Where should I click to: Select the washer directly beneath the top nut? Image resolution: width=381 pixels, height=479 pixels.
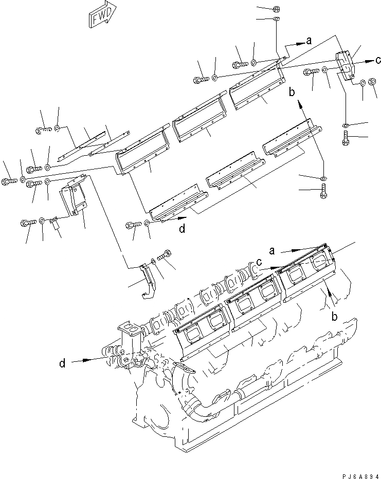(276, 20)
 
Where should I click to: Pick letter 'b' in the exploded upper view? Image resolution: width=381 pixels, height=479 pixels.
(292, 93)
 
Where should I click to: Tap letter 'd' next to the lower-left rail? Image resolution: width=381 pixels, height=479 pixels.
(182, 229)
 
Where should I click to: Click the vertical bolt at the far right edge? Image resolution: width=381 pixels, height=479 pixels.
(346, 138)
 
